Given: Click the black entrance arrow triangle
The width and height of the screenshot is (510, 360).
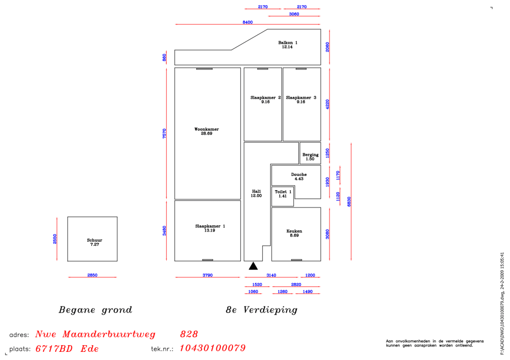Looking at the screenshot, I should pyautogui.click(x=253, y=266).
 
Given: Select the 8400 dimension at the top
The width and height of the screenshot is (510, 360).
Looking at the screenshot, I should pyautogui.click(x=247, y=22).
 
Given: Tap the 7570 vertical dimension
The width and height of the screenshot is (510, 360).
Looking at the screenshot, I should pyautogui.click(x=164, y=133).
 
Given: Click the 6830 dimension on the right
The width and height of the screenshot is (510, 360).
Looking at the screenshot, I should pyautogui.click(x=349, y=201).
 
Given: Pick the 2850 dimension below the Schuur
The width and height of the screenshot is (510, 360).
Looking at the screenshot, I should pyautogui.click(x=92, y=275).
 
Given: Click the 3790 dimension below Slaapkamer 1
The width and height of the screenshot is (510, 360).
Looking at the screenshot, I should pyautogui.click(x=208, y=275).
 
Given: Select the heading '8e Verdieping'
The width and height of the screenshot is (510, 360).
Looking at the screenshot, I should pyautogui.click(x=262, y=310).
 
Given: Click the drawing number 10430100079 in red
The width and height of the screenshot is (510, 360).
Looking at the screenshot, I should pyautogui.click(x=213, y=348).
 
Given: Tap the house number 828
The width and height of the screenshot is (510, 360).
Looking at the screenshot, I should pyautogui.click(x=189, y=335).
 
